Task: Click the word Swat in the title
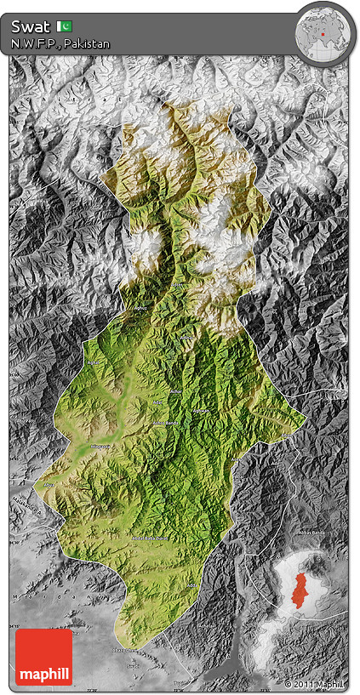(31, 26)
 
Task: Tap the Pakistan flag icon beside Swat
(65, 26)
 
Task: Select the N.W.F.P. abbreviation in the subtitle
(33, 43)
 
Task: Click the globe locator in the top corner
(323, 34)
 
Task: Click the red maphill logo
(43, 657)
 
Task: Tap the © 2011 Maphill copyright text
(315, 684)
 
